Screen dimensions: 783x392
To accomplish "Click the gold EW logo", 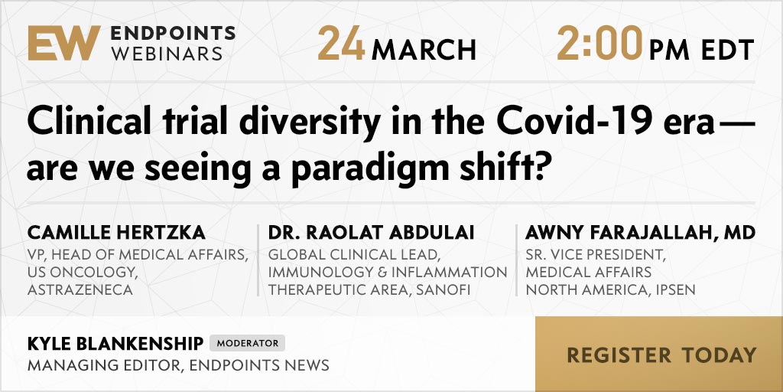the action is (64, 43).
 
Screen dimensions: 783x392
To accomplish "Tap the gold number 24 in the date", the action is (341, 44).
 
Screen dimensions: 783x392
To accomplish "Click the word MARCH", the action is (424, 50).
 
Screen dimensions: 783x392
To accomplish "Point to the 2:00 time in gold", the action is (599, 44).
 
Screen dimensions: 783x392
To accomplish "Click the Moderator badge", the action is (247, 343).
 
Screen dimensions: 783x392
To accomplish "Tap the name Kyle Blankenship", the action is (115, 344).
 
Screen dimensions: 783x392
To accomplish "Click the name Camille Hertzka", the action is (116, 233).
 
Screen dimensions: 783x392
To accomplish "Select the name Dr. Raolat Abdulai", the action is (371, 233).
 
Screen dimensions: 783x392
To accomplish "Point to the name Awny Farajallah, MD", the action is (640, 233).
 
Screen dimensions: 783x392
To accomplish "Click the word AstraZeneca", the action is (80, 290).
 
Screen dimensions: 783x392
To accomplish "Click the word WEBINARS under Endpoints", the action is (167, 54).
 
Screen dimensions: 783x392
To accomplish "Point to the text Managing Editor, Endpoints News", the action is (178, 365).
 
